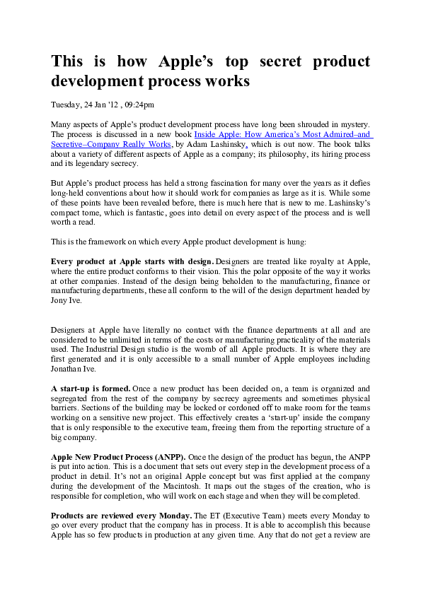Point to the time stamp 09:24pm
pyautogui.click(x=139, y=105)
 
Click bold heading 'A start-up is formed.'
pyautogui.click(x=91, y=388)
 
